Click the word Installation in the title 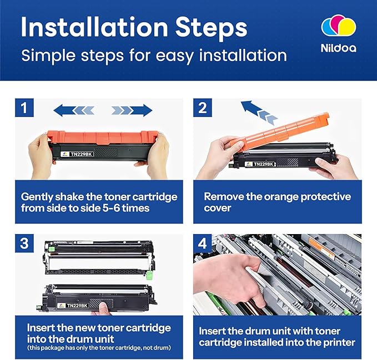click(94, 27)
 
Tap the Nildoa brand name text click(339, 48)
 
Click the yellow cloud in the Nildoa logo click(348, 27)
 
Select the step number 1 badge click(24, 108)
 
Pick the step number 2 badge click(203, 108)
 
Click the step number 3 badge click(24, 244)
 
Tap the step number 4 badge click(203, 244)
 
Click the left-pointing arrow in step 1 click(74, 110)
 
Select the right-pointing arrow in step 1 click(132, 110)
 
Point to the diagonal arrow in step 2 click(259, 113)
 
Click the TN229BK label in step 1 click(81, 154)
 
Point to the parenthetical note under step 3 click(99, 347)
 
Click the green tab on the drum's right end click(150, 275)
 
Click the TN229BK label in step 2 click(264, 164)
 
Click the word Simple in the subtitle click(48, 56)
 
